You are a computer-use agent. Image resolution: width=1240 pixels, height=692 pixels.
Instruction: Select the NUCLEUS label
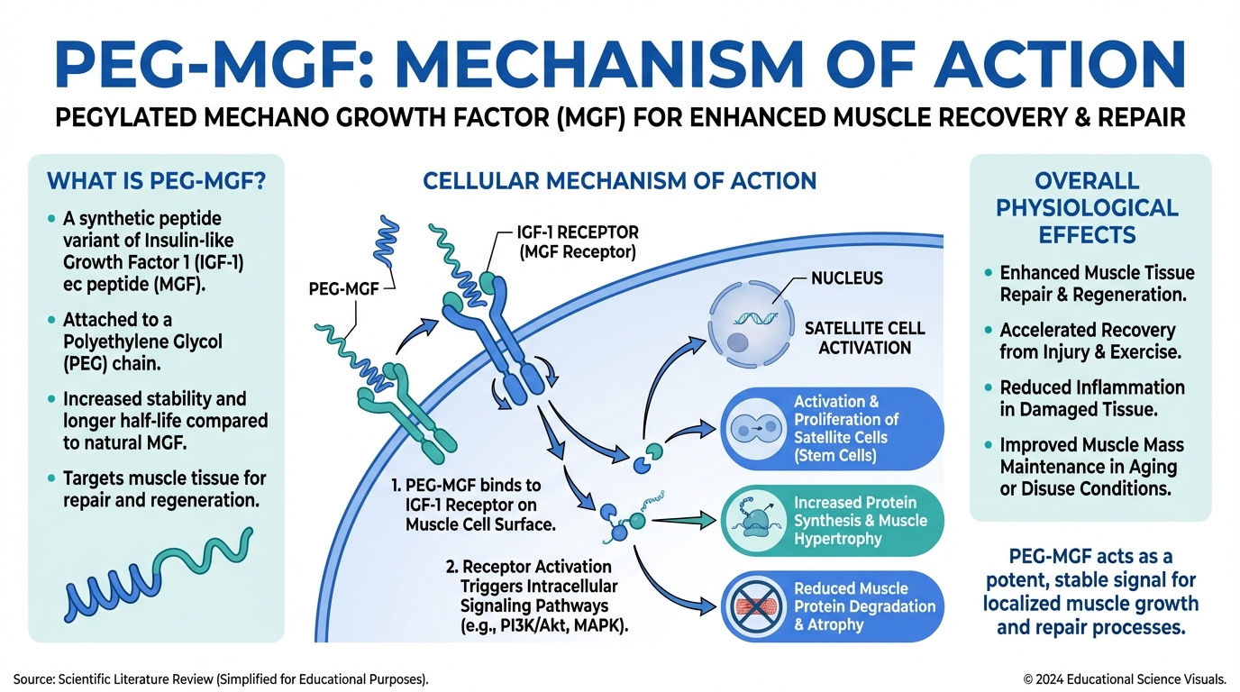point(846,278)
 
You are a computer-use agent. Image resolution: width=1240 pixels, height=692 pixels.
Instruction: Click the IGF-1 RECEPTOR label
point(578,242)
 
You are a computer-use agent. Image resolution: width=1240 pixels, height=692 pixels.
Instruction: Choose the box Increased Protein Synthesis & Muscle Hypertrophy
point(834,520)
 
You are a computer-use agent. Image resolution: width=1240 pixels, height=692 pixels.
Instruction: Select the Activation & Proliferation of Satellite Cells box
point(834,428)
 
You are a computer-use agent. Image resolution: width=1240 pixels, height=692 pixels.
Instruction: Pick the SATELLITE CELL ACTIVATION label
point(864,338)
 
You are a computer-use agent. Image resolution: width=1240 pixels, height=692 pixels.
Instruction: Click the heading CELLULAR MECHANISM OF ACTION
point(619,180)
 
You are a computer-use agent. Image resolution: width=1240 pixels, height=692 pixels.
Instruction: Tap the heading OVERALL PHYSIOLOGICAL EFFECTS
point(1090,208)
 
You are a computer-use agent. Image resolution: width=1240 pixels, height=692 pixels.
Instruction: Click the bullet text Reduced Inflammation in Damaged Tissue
point(1091,397)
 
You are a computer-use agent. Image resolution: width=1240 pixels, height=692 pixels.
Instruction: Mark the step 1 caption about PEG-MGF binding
point(468,505)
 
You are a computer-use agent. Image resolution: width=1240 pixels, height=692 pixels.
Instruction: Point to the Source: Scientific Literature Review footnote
point(221,678)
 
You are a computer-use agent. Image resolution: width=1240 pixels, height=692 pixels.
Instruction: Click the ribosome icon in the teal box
point(755,521)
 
